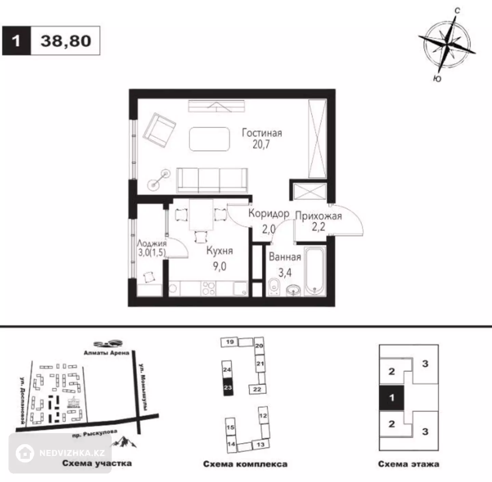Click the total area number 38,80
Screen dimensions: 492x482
66,41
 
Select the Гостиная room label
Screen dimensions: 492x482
262,133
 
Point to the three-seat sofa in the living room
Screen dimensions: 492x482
212,180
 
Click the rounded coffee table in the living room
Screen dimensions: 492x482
209,139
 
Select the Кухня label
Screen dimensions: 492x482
220,251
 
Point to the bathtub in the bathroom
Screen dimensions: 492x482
315,271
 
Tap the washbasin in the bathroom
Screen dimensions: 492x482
293,290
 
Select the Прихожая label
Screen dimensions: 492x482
319,216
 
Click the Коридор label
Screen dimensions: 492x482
269,213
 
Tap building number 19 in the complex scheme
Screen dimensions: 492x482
229,342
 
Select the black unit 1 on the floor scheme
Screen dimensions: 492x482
392,398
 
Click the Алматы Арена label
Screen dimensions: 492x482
107,353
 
